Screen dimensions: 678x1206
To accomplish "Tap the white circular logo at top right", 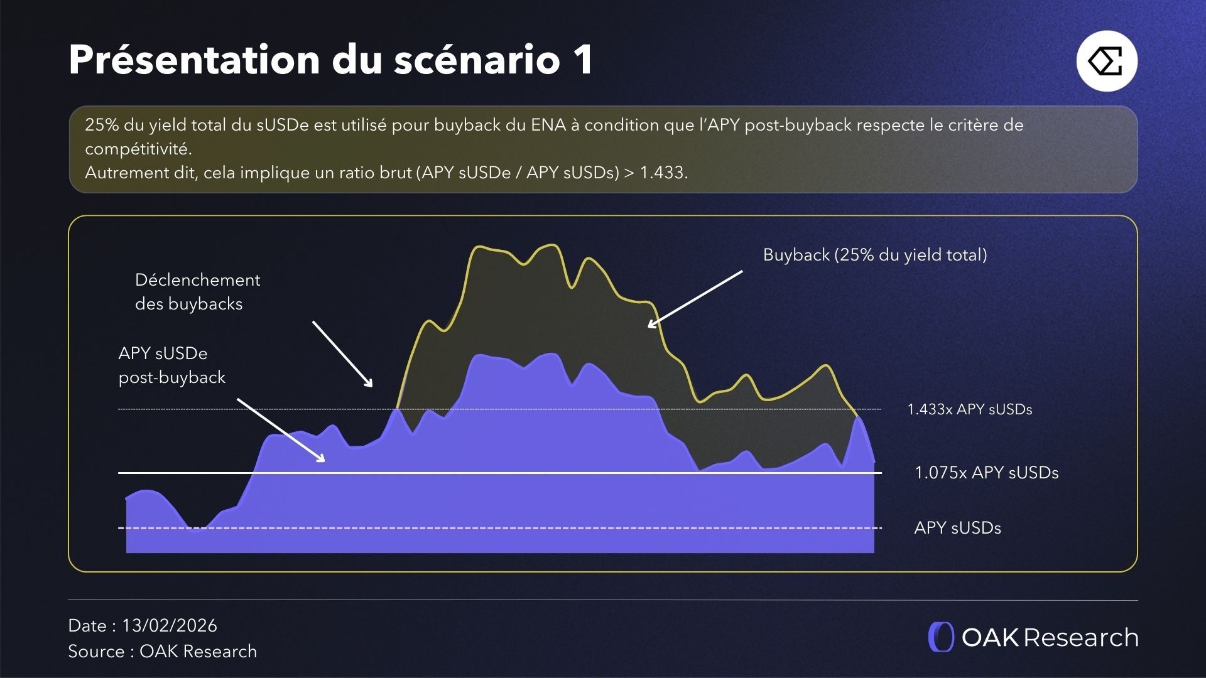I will (x=1107, y=62).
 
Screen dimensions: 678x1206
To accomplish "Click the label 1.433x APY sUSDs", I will (x=969, y=409).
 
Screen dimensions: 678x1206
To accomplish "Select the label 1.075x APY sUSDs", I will (x=986, y=473).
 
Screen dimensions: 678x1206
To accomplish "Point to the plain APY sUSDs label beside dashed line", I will (x=957, y=528).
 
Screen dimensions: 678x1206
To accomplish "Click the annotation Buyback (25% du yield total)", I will (x=874, y=255).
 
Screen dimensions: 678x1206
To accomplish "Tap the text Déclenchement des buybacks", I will (x=197, y=292).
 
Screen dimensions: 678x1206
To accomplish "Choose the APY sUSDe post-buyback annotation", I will (x=171, y=365).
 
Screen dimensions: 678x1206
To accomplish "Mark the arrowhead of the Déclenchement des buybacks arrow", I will (x=371, y=384).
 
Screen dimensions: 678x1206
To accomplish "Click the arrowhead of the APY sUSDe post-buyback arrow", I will (x=322, y=460).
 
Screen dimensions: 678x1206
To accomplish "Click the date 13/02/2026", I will (x=170, y=626).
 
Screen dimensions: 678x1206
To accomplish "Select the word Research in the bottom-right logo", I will (x=1080, y=638).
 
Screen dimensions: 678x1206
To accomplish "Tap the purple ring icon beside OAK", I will (x=941, y=637).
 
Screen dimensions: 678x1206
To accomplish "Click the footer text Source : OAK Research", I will (x=162, y=652).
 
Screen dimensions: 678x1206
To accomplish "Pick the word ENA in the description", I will (x=548, y=125).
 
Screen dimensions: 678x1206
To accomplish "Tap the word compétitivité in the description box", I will (x=138, y=149).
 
